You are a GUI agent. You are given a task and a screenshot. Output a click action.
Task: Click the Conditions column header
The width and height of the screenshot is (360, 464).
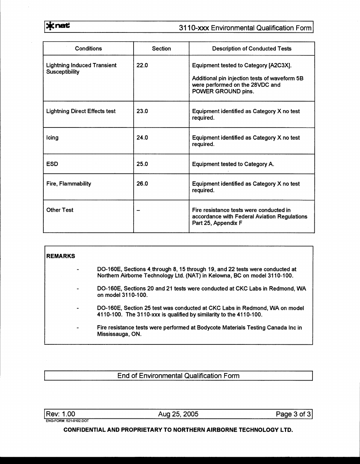(88, 49)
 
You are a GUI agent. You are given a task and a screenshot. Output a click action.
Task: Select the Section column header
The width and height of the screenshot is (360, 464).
(161, 49)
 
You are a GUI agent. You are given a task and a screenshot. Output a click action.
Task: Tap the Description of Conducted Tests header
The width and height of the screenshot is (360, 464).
(252, 49)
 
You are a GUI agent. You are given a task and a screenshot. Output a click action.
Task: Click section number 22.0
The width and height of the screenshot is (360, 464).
(142, 66)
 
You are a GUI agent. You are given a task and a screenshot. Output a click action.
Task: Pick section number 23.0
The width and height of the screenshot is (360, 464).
(142, 111)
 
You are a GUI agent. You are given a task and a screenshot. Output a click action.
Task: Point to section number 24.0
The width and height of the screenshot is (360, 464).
(142, 138)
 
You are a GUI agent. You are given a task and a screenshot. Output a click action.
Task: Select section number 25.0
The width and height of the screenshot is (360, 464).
(142, 164)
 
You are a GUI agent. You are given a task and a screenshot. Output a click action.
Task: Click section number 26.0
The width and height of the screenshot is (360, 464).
(142, 184)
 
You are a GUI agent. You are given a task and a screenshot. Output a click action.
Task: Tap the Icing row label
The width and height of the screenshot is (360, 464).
(52, 138)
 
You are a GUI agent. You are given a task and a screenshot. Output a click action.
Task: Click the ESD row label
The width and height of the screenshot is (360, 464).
(52, 164)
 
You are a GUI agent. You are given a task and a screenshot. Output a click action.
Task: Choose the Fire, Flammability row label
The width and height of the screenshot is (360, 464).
(69, 184)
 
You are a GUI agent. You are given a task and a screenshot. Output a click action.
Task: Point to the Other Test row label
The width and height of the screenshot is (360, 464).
(60, 210)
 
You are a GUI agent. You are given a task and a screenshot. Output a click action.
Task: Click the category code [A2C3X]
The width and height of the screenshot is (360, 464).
(280, 66)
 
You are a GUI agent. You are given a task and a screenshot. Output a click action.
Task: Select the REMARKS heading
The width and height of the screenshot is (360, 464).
(60, 256)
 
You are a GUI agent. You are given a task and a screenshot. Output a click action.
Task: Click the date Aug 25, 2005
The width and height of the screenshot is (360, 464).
(178, 414)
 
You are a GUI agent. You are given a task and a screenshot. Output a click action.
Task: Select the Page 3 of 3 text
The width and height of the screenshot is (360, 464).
(293, 414)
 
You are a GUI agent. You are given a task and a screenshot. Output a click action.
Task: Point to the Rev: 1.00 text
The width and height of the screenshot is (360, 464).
(60, 414)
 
